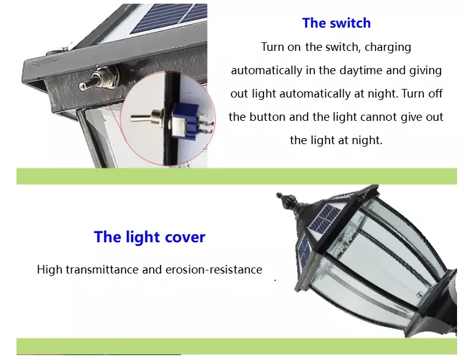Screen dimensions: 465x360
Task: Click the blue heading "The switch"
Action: [336, 23]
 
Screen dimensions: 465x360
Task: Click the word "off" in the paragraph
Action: [436, 93]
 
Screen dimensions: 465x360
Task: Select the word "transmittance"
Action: [102, 269]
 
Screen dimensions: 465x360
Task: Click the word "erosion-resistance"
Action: [214, 269]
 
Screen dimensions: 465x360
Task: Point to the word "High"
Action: [50, 269]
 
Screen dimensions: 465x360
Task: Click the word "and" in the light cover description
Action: [152, 269]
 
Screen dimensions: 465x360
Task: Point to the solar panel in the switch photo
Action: [169, 18]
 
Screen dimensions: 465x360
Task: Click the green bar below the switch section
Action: [236, 176]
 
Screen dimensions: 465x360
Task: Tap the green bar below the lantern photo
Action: [236, 346]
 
